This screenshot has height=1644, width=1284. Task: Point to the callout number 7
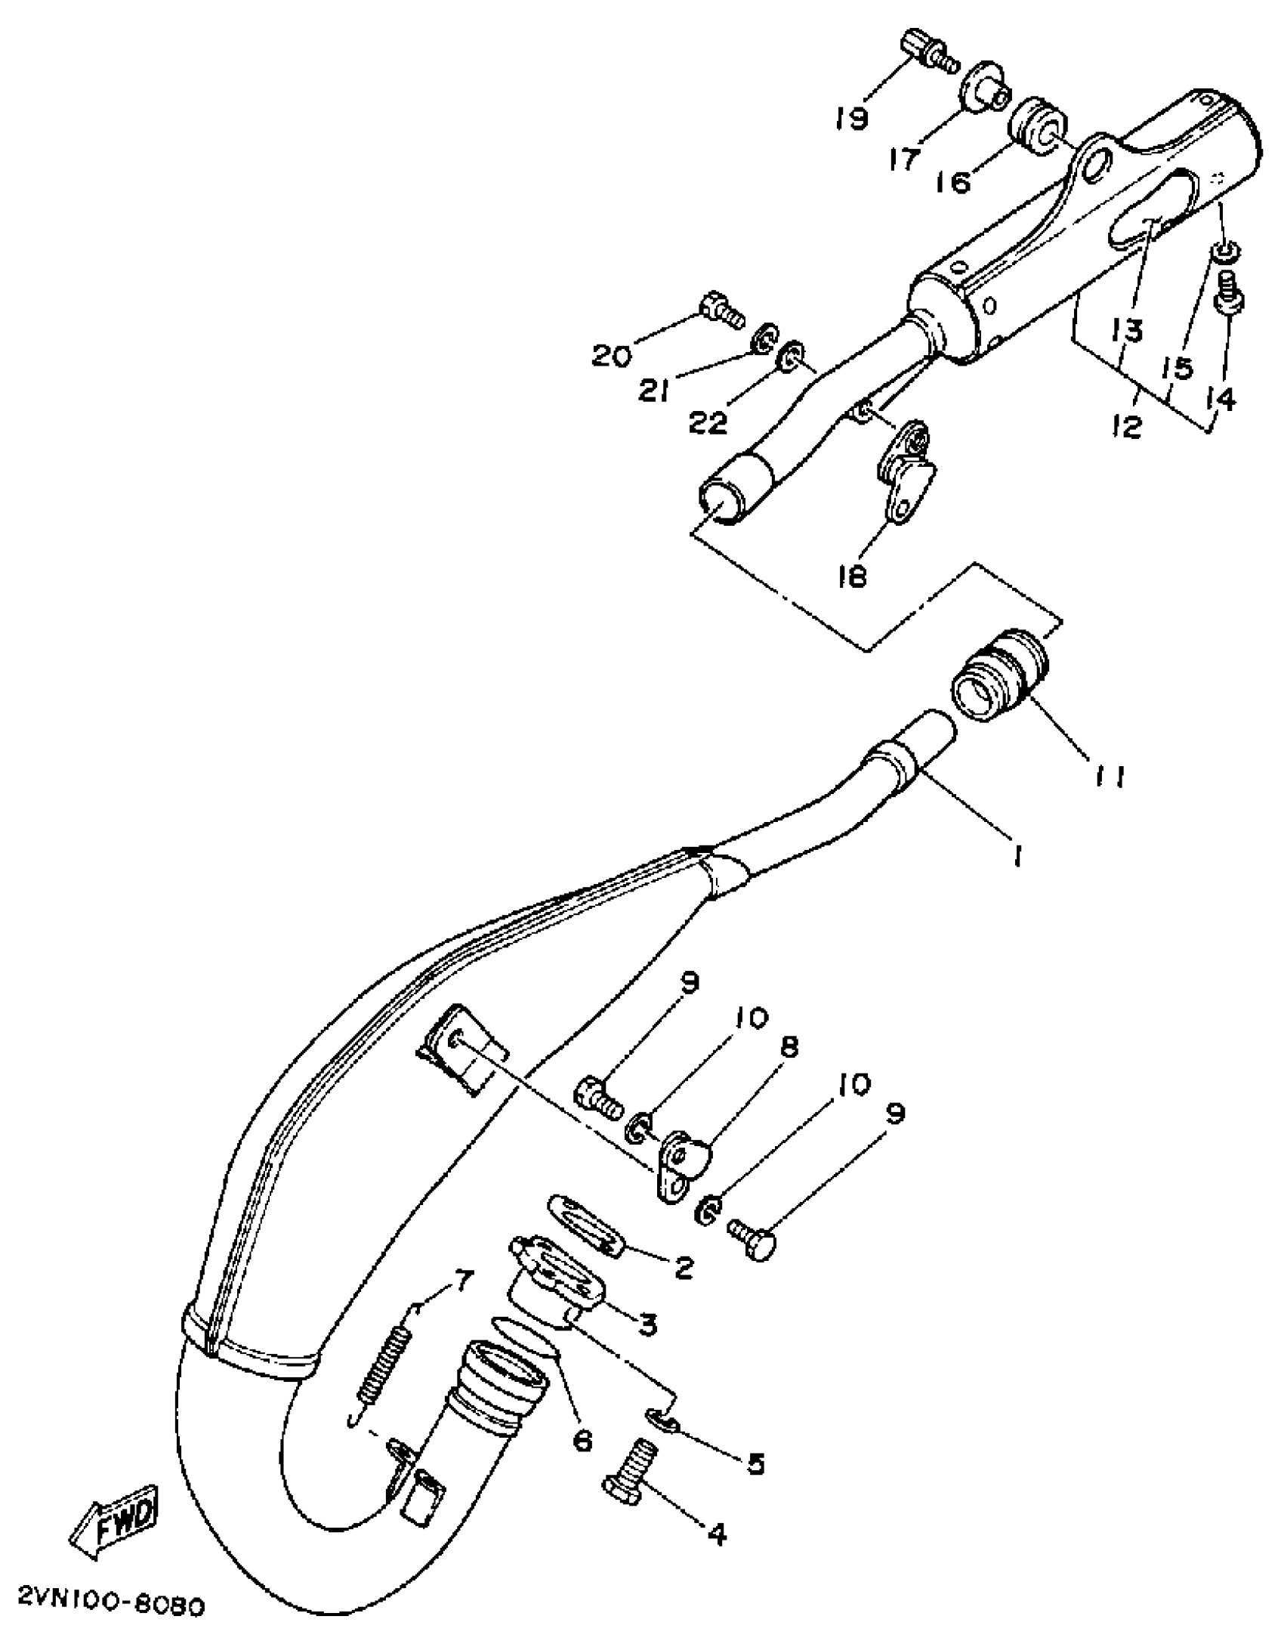(x=462, y=1280)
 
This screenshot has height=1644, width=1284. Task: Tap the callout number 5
(x=755, y=1464)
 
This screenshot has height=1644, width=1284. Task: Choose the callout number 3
(x=647, y=1325)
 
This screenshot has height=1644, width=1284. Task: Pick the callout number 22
(x=708, y=422)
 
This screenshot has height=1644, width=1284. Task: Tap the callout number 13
(x=1125, y=330)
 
